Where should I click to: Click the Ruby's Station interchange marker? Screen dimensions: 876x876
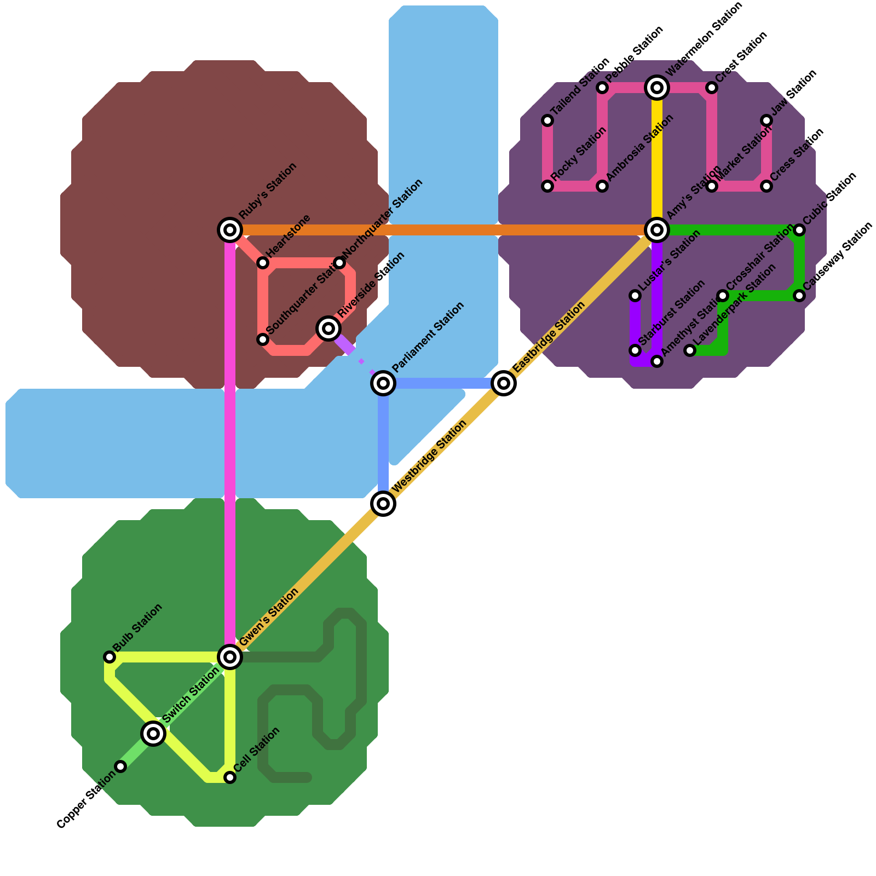click(x=230, y=229)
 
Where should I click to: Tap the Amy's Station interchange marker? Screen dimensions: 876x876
click(x=657, y=229)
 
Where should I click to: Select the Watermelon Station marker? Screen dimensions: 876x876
click(x=657, y=87)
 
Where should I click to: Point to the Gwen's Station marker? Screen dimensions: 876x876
click(x=230, y=656)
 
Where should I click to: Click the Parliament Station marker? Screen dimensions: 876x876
click(x=383, y=383)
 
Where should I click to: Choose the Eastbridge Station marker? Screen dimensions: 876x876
click(x=504, y=383)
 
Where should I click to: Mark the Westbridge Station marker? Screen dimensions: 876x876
click(x=383, y=503)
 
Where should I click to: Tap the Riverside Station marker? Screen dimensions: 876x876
click(x=328, y=328)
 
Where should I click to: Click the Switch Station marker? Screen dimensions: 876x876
click(x=153, y=733)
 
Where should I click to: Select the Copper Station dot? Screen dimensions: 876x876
click(x=120, y=766)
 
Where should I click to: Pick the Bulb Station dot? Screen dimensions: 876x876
click(x=109, y=656)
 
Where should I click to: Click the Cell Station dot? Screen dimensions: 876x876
click(x=230, y=777)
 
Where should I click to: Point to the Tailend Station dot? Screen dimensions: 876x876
click(x=547, y=120)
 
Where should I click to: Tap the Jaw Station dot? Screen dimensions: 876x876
click(x=766, y=120)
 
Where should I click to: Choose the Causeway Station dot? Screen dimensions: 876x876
click(x=799, y=296)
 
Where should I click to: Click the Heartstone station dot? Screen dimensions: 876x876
click(x=263, y=263)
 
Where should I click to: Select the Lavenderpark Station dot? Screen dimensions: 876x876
click(x=690, y=350)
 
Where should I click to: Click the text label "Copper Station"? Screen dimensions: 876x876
click(x=86, y=800)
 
